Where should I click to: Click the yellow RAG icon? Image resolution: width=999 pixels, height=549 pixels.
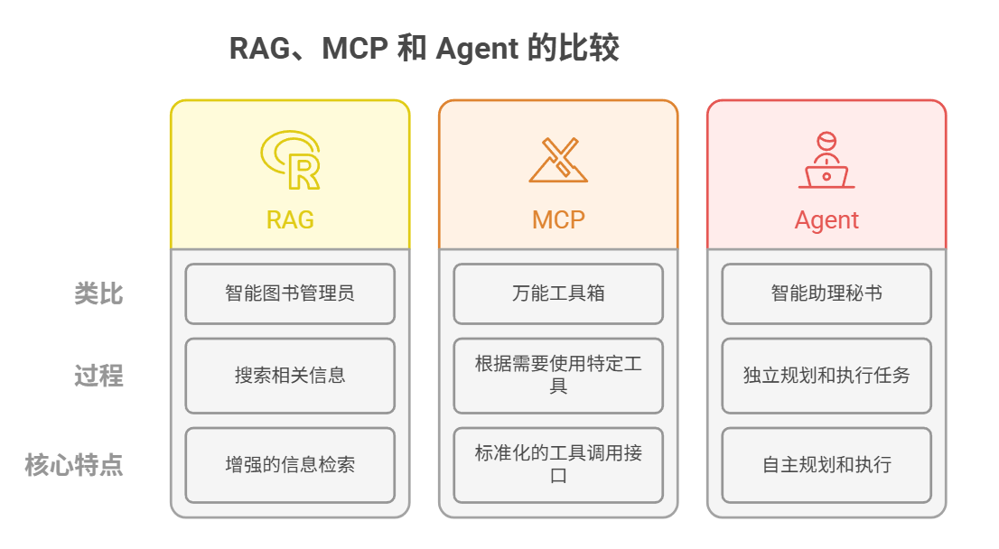click(290, 161)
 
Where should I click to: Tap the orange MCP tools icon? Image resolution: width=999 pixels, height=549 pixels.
click(558, 160)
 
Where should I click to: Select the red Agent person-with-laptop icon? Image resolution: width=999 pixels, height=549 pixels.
click(826, 161)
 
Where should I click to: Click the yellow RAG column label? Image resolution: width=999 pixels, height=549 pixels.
click(290, 219)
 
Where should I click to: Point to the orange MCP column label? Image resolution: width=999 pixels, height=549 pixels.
click(558, 219)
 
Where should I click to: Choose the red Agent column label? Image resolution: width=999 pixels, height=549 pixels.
click(826, 220)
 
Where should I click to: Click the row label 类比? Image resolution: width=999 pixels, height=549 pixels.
click(98, 293)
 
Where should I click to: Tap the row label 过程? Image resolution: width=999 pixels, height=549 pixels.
click(98, 375)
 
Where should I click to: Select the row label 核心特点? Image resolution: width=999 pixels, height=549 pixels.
click(74, 465)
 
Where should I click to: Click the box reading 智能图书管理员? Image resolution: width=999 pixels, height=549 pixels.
click(290, 293)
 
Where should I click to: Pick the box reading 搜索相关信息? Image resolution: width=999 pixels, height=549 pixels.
click(290, 375)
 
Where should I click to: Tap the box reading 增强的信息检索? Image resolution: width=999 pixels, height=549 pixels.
click(290, 465)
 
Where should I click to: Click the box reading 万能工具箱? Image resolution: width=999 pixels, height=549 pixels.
click(558, 293)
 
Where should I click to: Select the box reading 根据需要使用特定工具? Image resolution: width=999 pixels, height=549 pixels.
click(558, 375)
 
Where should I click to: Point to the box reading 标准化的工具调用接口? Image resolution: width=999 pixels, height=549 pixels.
click(558, 465)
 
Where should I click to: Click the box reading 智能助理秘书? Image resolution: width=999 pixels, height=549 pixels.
click(826, 293)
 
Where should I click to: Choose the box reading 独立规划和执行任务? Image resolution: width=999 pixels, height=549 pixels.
click(826, 375)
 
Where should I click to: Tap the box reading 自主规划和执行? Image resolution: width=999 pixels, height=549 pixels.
click(826, 465)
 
